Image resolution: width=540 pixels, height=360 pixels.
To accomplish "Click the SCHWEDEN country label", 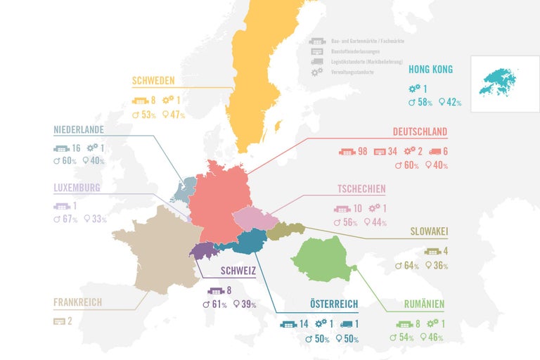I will tap(153, 81).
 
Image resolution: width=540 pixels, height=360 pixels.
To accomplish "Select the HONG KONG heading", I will tap(430, 70).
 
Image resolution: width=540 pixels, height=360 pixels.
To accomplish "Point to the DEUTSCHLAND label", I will tap(420, 132).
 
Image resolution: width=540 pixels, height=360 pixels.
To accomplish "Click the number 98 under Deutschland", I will tap(363, 152).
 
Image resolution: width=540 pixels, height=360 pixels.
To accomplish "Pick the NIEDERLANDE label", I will tap(79, 130).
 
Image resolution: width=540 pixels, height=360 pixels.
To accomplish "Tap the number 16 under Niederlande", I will tap(77, 148).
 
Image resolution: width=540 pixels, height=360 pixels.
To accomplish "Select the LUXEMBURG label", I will tap(77, 188).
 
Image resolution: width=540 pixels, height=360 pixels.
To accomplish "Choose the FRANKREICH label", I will tap(77, 302).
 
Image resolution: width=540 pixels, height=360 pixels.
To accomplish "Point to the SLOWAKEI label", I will tap(429, 231).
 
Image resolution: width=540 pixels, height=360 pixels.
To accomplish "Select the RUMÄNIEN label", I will tap(423, 304).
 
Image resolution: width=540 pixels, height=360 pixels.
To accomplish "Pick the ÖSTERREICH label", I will tap(334, 304).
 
